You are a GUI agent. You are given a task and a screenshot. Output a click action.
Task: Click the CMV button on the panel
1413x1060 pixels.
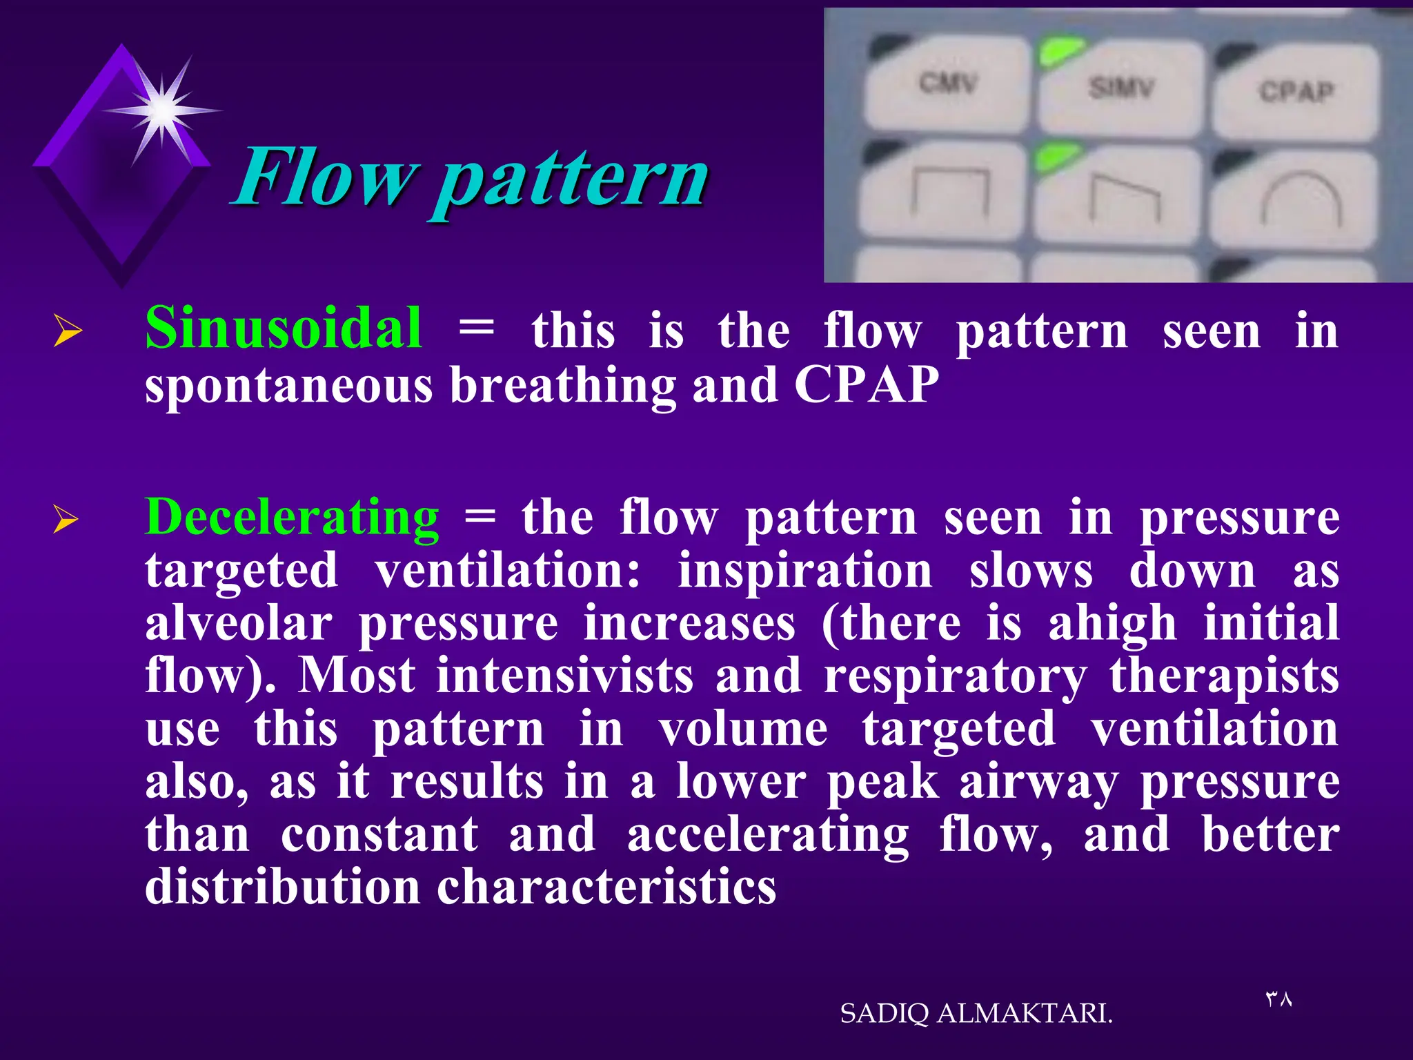click(x=947, y=86)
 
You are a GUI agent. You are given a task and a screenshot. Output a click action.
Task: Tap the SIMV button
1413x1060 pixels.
click(x=1121, y=90)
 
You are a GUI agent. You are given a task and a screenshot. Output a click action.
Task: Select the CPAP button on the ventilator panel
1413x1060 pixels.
click(x=1296, y=93)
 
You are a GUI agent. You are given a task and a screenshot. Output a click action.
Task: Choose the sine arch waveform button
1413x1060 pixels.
click(x=1301, y=200)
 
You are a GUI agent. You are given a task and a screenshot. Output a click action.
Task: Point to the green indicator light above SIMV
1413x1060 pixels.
click(x=1061, y=52)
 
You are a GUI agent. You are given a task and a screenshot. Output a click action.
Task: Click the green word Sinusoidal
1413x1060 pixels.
click(x=284, y=328)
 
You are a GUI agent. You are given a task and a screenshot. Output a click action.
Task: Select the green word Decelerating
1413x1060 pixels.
click(x=292, y=518)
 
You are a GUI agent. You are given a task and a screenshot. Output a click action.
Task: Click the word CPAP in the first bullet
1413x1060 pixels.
click(x=866, y=384)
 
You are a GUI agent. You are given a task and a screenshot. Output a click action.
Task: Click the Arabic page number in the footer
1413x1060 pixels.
click(x=1278, y=999)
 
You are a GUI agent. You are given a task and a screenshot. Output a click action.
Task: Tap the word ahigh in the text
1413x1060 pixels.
click(x=1111, y=623)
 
